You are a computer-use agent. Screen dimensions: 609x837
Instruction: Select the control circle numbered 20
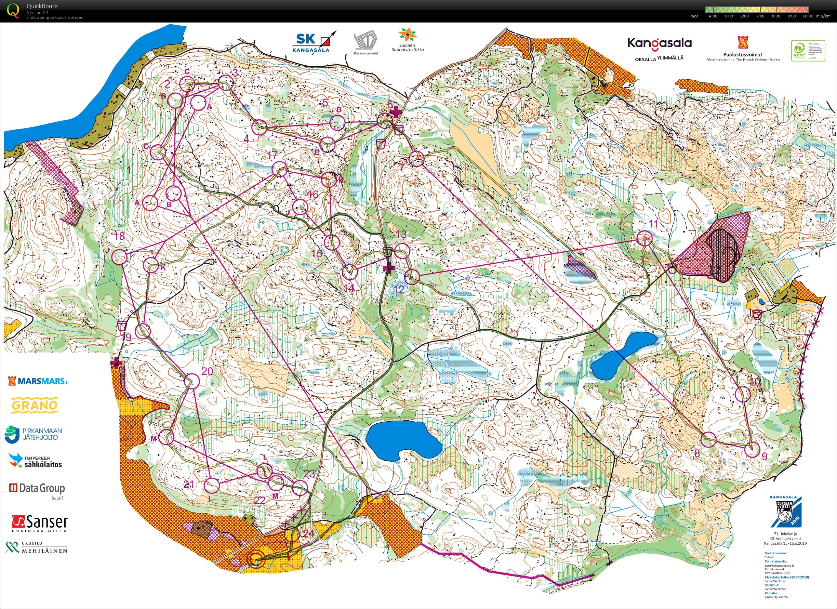(x=192, y=381)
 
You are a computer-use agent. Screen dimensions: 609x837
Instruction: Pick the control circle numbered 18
(x=119, y=256)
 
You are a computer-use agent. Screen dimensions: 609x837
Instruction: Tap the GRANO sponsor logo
(x=35, y=405)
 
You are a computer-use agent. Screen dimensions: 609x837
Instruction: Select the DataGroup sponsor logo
(x=37, y=488)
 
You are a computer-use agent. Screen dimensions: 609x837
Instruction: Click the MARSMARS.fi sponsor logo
(x=38, y=381)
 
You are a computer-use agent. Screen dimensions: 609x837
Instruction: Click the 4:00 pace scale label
(x=713, y=16)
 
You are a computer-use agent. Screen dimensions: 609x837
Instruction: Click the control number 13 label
(x=401, y=234)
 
